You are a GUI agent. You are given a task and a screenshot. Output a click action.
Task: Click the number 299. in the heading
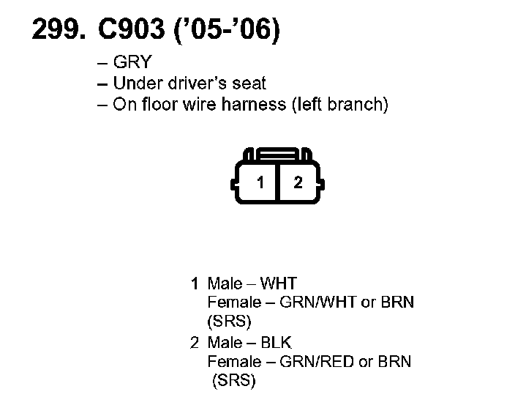[x=56, y=30]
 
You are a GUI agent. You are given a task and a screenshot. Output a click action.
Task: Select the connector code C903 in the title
[x=128, y=30]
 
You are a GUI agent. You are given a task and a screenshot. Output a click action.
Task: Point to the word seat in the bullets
[x=249, y=83]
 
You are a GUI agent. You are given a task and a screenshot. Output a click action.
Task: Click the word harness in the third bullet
[x=257, y=104]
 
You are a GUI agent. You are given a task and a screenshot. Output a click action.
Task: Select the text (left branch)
[x=339, y=104]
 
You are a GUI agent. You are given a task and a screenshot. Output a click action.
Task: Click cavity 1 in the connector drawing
[x=260, y=182]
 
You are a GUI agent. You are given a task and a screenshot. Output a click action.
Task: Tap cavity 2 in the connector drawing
[x=298, y=182]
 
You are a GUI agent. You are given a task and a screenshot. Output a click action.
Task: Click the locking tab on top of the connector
[x=279, y=155]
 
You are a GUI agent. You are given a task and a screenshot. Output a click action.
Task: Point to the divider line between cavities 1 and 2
[x=279, y=183]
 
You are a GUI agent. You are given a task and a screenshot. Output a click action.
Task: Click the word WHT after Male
[x=279, y=283]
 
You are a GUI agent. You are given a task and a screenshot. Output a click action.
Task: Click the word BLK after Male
[x=277, y=342]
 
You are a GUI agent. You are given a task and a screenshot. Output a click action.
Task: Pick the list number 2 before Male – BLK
[x=195, y=342]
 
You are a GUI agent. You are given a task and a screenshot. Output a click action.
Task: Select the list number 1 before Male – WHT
[x=195, y=283]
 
